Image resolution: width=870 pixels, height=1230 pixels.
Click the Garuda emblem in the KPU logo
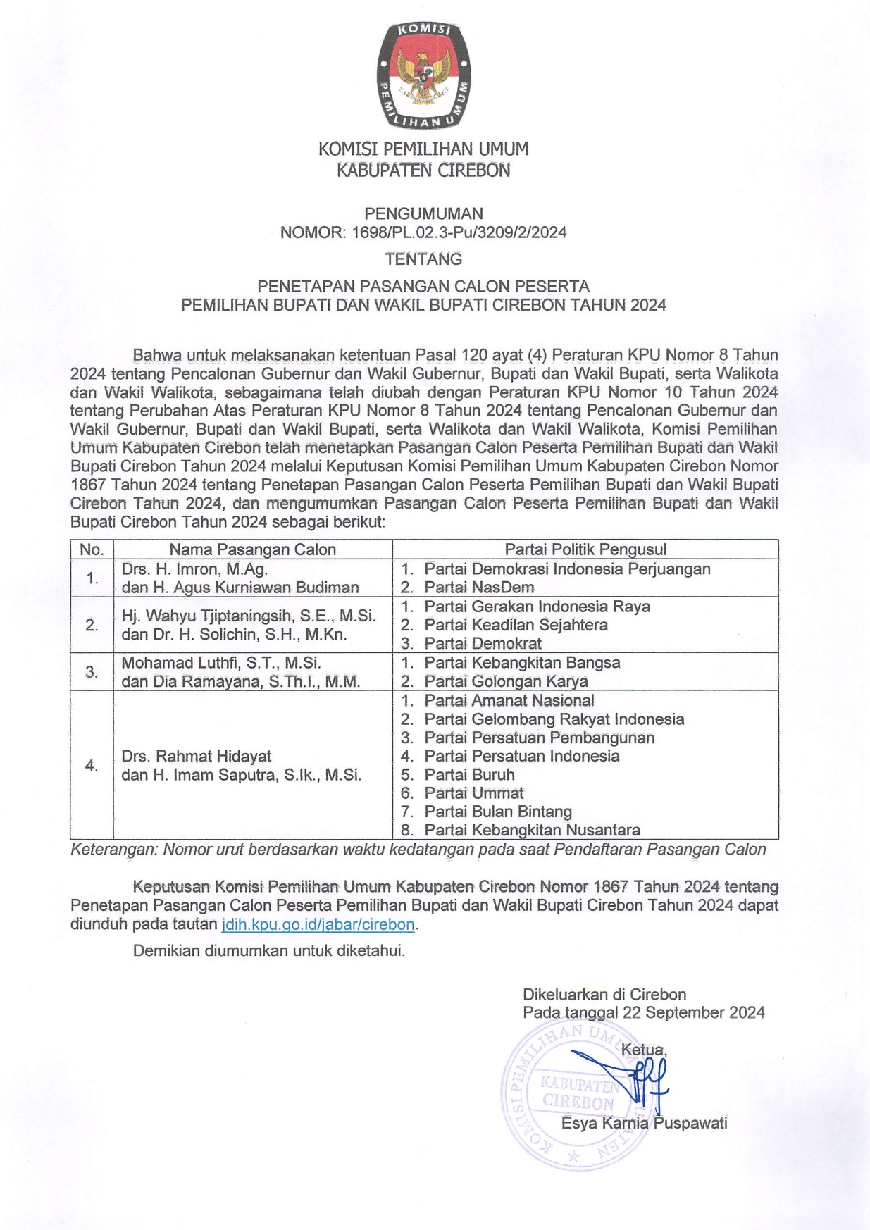pyautogui.click(x=423, y=73)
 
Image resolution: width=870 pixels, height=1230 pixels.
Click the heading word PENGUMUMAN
pyautogui.click(x=423, y=213)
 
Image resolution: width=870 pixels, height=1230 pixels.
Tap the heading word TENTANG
pyautogui.click(x=423, y=259)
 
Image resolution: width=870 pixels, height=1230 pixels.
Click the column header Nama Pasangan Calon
pyautogui.click(x=252, y=549)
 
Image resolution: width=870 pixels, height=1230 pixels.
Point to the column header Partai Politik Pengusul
pyautogui.click(x=585, y=549)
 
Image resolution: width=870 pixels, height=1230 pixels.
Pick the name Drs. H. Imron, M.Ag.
pyautogui.click(x=194, y=569)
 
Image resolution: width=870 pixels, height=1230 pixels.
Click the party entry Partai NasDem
pyautogui.click(x=479, y=588)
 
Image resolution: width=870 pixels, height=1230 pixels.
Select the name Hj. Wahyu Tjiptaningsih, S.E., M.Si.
pyautogui.click(x=248, y=616)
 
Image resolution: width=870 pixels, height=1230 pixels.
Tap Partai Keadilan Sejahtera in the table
pyautogui.click(x=516, y=625)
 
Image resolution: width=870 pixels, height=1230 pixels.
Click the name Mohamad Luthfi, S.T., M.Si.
pyautogui.click(x=221, y=663)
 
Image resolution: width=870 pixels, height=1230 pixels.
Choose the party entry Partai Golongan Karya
pyautogui.click(x=506, y=681)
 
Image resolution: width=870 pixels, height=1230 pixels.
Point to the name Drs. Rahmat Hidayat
pyautogui.click(x=196, y=757)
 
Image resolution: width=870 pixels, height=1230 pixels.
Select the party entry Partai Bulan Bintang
pyautogui.click(x=498, y=812)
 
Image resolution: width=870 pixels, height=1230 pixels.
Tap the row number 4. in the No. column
pyautogui.click(x=92, y=766)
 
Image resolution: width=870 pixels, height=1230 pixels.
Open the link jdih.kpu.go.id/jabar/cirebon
pyautogui.click(x=318, y=924)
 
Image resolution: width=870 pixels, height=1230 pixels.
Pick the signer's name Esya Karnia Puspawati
pyautogui.click(x=644, y=1123)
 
